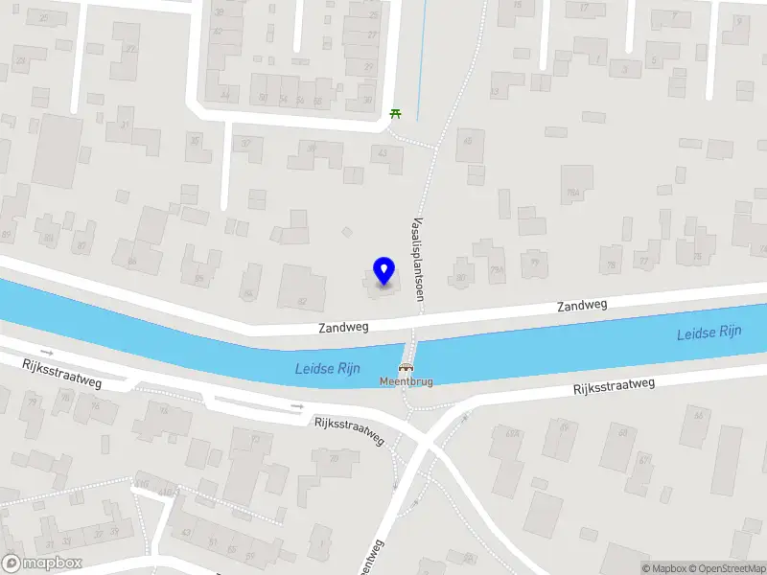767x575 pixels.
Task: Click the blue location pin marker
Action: click(383, 271)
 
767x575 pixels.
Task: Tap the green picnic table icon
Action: click(396, 114)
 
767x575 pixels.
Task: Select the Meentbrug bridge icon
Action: click(407, 367)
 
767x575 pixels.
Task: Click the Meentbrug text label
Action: click(407, 381)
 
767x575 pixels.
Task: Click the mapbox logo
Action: click(42, 563)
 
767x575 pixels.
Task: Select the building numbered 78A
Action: click(574, 193)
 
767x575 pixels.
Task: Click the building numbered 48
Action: click(468, 143)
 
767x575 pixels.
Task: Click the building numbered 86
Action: click(132, 260)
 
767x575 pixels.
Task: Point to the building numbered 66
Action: click(697, 416)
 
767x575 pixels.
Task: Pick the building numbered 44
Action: click(224, 95)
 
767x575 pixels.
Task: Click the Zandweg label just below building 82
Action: click(342, 328)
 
